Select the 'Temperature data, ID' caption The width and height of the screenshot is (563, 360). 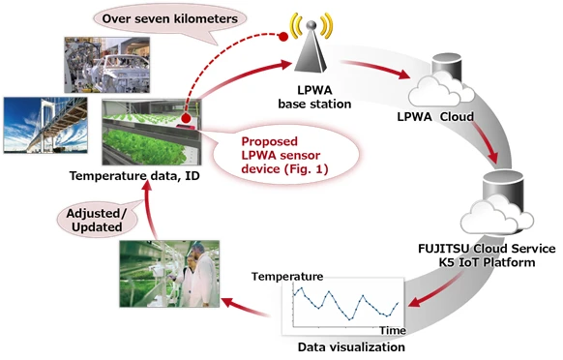coord(126,176)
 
